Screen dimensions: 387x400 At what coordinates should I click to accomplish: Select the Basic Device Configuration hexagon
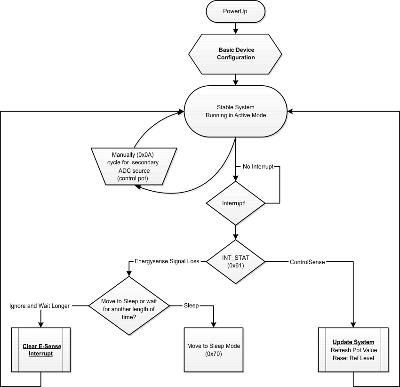tap(236, 54)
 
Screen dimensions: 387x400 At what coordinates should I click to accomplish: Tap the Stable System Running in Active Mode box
tap(236, 111)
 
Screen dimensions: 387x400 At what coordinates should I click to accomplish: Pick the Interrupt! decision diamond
tap(236, 203)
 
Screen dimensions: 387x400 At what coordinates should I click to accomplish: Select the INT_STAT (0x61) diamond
tap(236, 262)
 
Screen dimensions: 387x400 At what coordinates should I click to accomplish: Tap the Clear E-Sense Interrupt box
tap(41, 349)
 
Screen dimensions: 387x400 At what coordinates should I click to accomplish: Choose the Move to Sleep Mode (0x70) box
tap(214, 349)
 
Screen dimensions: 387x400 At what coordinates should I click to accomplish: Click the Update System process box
tap(353, 349)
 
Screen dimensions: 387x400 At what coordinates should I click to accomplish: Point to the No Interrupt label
tap(258, 167)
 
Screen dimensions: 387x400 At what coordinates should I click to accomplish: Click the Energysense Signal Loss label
tap(167, 261)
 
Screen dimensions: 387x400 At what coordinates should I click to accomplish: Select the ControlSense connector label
tap(307, 262)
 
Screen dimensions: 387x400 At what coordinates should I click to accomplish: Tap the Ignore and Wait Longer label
tap(40, 306)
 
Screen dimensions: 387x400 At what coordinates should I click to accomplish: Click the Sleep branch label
tap(192, 306)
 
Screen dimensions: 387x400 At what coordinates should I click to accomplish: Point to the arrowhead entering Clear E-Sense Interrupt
tap(41, 325)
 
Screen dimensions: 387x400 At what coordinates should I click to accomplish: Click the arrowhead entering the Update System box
tap(353, 325)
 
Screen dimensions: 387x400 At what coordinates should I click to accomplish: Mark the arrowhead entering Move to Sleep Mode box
tap(214, 325)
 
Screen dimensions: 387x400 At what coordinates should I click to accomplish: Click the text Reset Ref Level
tap(353, 358)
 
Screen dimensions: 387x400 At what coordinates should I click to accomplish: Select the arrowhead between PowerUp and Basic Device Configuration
tap(236, 31)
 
